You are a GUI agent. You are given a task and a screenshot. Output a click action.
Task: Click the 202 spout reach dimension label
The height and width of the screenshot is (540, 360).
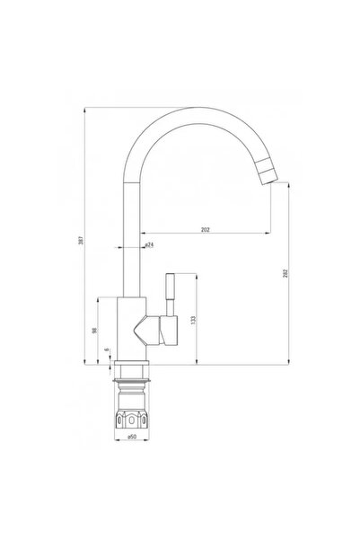point(205,230)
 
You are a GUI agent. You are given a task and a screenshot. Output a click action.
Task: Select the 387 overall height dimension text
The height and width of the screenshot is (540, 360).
point(81,240)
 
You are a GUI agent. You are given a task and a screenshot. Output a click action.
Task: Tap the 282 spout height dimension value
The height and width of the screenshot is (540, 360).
point(285,273)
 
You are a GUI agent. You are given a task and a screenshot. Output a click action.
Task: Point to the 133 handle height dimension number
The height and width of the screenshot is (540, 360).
point(193,320)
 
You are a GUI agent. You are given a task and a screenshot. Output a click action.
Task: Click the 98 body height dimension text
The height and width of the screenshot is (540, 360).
point(94,331)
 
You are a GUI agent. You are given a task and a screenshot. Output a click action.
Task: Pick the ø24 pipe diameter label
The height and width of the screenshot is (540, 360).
point(149,245)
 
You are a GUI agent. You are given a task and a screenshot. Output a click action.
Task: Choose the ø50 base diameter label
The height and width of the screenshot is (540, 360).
point(132,437)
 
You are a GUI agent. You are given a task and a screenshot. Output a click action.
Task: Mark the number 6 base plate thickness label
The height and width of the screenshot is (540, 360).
point(107,350)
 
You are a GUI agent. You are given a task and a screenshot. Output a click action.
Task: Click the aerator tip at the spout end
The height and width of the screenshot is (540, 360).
point(268,172)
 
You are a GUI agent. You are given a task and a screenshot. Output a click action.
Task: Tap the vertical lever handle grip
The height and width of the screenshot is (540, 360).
point(171,287)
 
